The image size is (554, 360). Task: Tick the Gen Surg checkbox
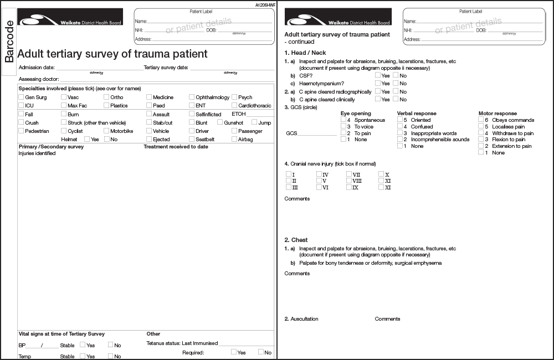pos(21,97)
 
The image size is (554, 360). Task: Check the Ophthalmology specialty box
pos(192,97)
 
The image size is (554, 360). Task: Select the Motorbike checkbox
pos(106,131)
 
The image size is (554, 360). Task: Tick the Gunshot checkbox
pos(220,122)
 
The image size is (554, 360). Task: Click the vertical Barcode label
pos(9,41)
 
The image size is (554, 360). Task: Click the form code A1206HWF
pos(265,4)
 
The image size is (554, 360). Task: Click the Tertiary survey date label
pos(166,68)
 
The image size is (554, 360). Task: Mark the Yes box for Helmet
pos(87,139)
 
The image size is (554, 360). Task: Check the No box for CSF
pos(396,75)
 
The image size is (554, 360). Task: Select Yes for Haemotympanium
pos(378,83)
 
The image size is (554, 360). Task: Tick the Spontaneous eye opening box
pos(343,120)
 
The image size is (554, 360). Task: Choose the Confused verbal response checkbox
pos(400,126)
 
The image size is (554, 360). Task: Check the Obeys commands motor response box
pos(481,120)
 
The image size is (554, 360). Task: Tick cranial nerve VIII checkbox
pos(349,181)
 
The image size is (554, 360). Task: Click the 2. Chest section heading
pos(296,240)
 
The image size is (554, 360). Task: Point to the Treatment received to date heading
pos(176,147)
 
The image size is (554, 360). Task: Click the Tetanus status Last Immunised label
pos(182,343)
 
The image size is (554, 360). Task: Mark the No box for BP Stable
pos(111,345)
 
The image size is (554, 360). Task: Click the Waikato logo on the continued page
pos(338,17)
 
